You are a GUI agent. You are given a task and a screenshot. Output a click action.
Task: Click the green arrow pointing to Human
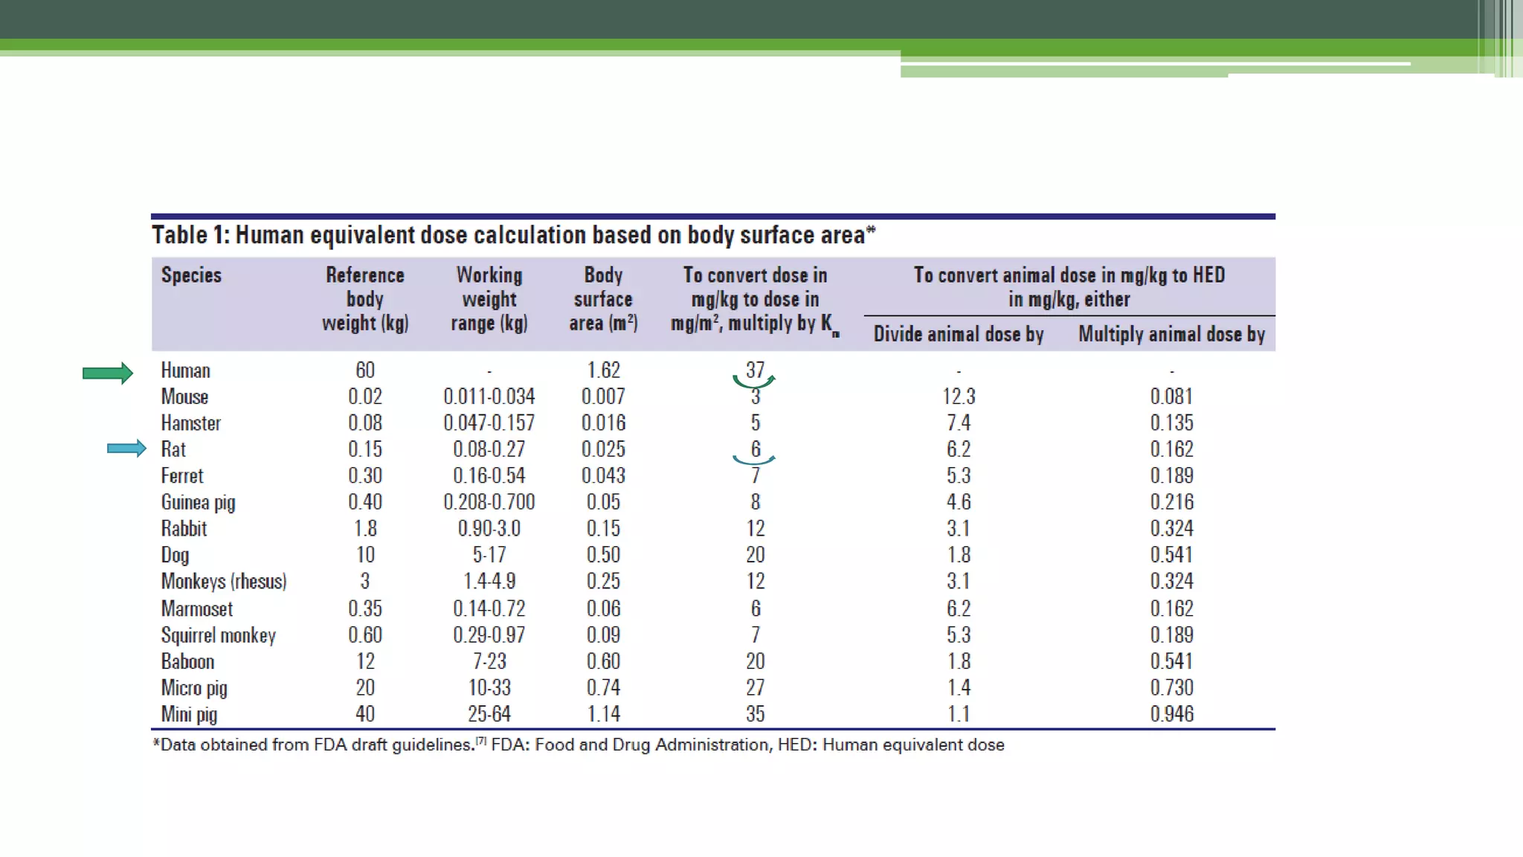coord(107,373)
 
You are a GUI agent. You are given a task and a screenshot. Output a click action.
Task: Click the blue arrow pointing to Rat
coord(126,449)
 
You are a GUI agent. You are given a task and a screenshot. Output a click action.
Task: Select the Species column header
coord(191,275)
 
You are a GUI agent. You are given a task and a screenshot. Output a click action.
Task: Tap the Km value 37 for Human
coord(755,370)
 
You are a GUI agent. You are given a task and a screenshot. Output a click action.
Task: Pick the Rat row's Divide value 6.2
coord(959,449)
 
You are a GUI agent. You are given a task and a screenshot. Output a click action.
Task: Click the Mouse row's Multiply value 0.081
coord(1171,397)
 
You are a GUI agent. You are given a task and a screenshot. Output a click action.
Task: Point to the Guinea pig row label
coord(198,502)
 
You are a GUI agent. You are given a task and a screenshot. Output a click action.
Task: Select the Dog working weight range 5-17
coord(489,555)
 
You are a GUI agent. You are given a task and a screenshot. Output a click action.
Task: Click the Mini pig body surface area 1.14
coord(603,714)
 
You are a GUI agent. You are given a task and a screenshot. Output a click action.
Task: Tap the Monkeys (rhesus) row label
coord(223,581)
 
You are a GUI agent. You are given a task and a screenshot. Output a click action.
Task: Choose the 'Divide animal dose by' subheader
coord(959,334)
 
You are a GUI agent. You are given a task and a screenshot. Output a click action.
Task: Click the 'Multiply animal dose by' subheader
coord(1171,334)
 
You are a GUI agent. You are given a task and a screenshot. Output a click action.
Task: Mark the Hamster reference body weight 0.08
coord(365,423)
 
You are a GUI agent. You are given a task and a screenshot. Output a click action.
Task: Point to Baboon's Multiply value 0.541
coord(1171,661)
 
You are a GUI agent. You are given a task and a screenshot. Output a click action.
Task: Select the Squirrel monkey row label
coord(218,635)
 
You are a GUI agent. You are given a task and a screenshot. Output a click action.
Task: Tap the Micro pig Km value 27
coord(755,687)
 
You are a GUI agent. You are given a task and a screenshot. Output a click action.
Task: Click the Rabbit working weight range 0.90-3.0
coord(489,528)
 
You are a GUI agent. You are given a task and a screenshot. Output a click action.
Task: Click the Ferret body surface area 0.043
coord(603,475)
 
